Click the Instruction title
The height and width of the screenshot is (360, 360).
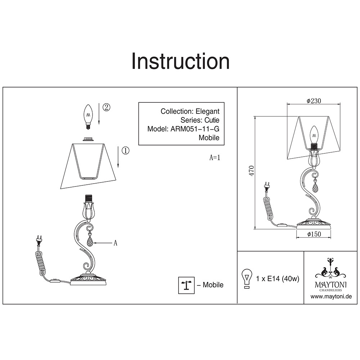tap(180, 61)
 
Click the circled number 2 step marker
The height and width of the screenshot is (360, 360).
tap(106, 107)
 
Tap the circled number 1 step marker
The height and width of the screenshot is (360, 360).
tap(125, 150)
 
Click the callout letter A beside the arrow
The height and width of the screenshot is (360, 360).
tap(115, 243)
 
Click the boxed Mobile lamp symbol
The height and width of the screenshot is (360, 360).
tap(186, 285)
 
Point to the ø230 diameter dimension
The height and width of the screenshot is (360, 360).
tap(314, 102)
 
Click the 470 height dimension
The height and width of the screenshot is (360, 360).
tap(252, 171)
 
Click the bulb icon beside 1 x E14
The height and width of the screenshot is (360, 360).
tap(247, 278)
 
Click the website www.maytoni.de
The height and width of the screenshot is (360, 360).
tap(331, 297)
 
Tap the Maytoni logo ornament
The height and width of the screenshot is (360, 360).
tap(331, 268)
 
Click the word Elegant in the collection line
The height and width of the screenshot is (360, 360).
tap(208, 112)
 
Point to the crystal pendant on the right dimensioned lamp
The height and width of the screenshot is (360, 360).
tap(315, 187)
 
